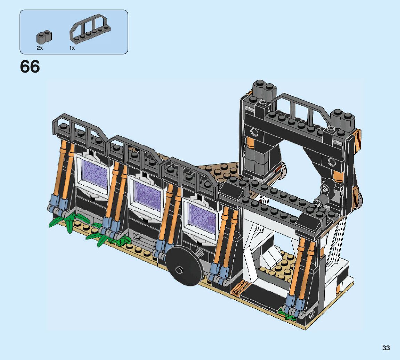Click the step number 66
pos(30,67)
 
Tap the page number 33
pos(386,348)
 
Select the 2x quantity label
pos(40,48)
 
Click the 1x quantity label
pos(72,48)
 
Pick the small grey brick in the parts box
pos(44,37)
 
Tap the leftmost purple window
pos(95,173)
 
